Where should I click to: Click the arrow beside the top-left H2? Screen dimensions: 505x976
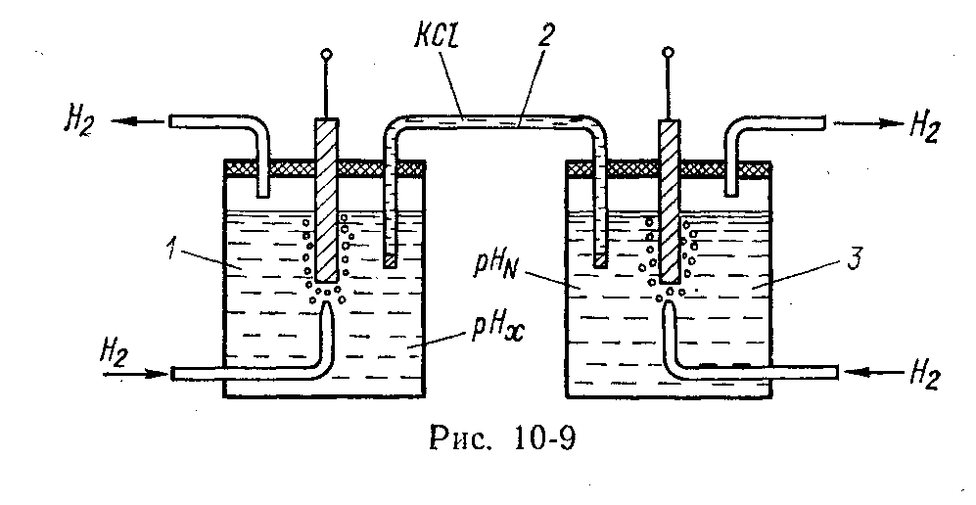pos(137,122)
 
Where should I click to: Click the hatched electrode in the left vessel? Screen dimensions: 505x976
pos(326,196)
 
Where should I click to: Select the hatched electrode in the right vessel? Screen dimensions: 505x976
pos(669,196)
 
